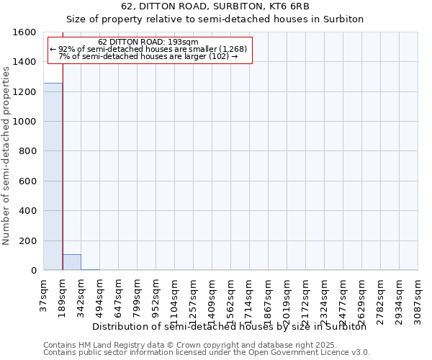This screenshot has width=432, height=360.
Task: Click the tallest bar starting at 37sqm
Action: [53, 176]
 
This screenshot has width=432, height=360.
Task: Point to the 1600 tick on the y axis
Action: [26, 32]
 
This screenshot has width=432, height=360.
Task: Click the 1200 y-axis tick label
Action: [26, 92]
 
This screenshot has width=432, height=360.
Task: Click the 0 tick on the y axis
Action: [34, 271]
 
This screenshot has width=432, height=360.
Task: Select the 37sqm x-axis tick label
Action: [44, 293]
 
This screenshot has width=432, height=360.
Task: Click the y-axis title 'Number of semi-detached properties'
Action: [6, 153]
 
